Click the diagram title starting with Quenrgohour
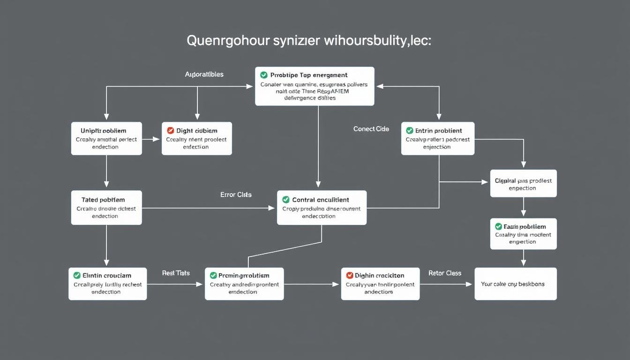(x=309, y=41)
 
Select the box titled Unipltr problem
(x=106, y=138)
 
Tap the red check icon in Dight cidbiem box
(x=171, y=131)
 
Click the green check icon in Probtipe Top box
(x=264, y=75)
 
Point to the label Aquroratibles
(x=204, y=75)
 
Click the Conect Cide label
(x=371, y=129)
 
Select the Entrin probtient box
(x=438, y=138)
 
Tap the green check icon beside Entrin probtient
(x=410, y=131)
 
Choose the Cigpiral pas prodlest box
(x=523, y=183)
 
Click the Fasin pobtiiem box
(x=523, y=233)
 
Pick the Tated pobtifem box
(x=106, y=208)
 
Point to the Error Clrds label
(x=236, y=195)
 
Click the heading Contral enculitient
(x=321, y=200)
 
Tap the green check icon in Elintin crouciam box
(x=77, y=276)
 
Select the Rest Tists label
(x=176, y=273)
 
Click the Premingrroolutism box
(x=244, y=284)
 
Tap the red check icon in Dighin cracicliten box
(x=349, y=276)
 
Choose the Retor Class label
(x=444, y=273)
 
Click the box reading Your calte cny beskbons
(x=516, y=284)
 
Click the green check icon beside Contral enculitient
(x=286, y=200)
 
